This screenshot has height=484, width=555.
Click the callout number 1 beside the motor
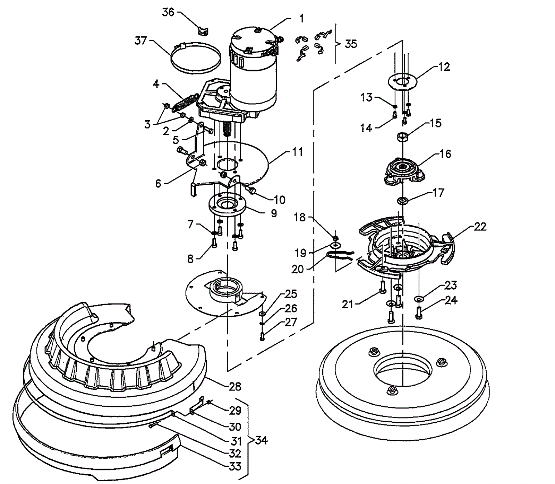pyautogui.click(x=301, y=18)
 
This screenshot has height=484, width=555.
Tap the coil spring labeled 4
pyautogui.click(x=186, y=101)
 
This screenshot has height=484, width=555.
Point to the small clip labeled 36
pyautogui.click(x=203, y=31)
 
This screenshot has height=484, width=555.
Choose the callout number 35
pyautogui.click(x=351, y=44)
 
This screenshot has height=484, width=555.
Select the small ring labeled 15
pyautogui.click(x=402, y=136)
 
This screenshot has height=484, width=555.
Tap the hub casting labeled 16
pyautogui.click(x=403, y=170)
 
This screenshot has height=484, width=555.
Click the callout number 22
pyautogui.click(x=480, y=227)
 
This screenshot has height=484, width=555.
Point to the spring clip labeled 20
pyautogui.click(x=340, y=256)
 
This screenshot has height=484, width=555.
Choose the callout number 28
pyautogui.click(x=235, y=386)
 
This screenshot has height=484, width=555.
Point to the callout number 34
pyautogui.click(x=261, y=440)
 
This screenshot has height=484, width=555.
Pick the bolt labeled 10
pyautogui.click(x=250, y=189)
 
